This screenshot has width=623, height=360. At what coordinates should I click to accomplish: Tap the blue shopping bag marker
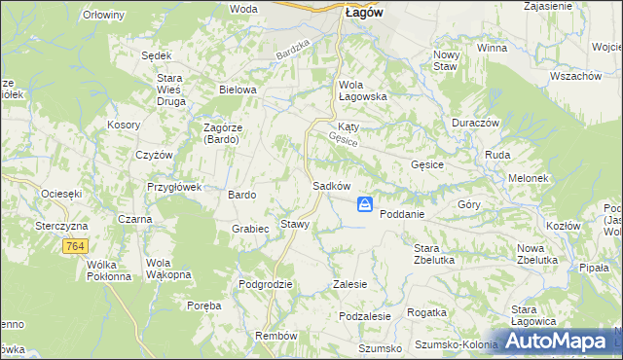364,204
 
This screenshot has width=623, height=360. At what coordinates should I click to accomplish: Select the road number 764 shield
75,248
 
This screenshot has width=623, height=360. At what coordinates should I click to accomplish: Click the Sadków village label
331,186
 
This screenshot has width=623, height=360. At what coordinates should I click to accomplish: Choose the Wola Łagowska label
363,90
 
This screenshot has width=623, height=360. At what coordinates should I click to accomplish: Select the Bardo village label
241,195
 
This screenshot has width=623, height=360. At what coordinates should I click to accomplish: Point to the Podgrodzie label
266,284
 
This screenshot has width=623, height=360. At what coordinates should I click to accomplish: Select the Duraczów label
475,123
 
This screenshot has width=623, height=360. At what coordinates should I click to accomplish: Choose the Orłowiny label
103,16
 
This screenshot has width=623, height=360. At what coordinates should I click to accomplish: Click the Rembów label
275,336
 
